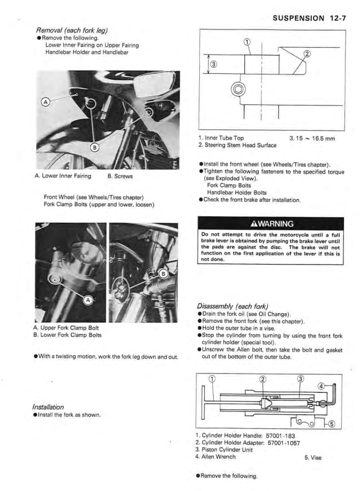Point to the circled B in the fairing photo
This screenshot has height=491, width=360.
point(95,146)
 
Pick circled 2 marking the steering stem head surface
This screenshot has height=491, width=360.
point(307,54)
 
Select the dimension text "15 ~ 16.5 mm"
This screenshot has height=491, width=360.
point(315,139)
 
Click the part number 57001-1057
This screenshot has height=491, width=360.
point(290,443)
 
